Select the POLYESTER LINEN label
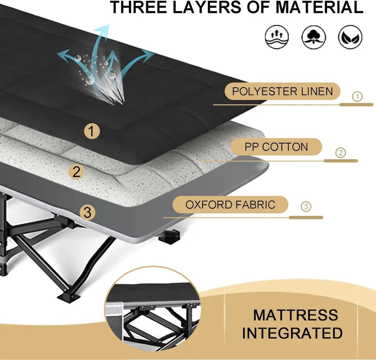click(282, 91)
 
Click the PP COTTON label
click(276, 147)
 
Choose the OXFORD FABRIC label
click(230, 205)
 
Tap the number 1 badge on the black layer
click(92, 132)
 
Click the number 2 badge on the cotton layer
click(77, 172)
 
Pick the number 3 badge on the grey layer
click(87, 213)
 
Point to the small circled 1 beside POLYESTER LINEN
click(357, 97)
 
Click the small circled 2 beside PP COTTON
click(340, 153)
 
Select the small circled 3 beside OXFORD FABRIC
click(306, 207)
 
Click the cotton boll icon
click(313, 37)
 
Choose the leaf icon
click(350, 37)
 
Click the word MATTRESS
click(296, 315)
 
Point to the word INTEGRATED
click(292, 333)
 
